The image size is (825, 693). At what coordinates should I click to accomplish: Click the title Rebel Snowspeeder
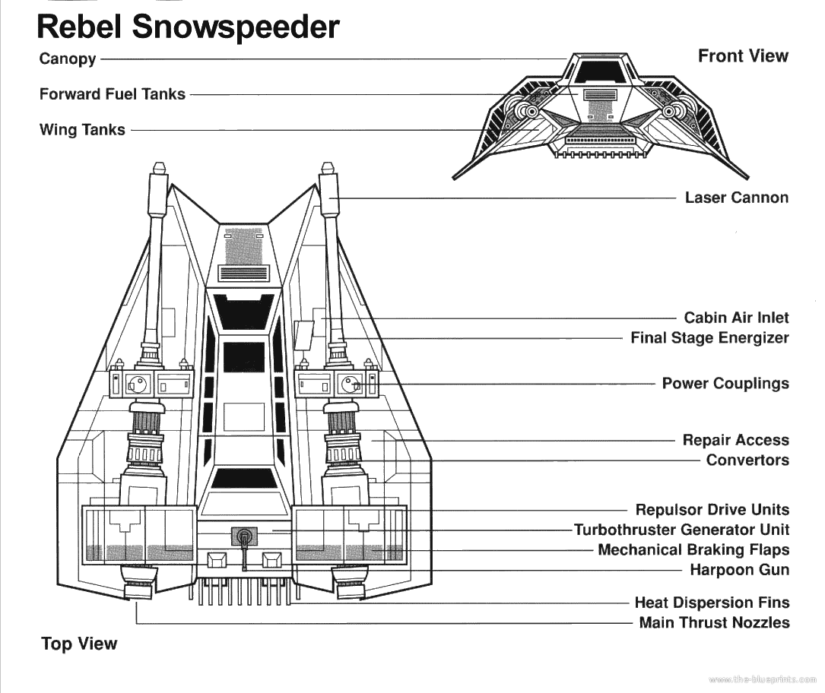(x=188, y=27)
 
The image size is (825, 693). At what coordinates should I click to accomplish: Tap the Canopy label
(x=68, y=59)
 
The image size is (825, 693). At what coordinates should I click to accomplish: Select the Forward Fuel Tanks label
(x=112, y=94)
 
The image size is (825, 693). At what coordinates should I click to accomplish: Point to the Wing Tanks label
(x=82, y=130)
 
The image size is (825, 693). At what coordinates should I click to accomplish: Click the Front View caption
(x=743, y=55)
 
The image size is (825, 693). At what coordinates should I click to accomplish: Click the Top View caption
(x=79, y=644)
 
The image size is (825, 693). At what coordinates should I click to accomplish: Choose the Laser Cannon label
(x=736, y=198)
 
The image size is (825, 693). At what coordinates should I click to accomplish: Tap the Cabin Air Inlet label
(x=736, y=318)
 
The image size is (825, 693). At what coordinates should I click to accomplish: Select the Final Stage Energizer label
(x=709, y=337)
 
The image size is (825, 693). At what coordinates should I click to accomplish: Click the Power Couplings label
(x=725, y=383)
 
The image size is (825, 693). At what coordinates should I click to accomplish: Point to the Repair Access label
(x=735, y=440)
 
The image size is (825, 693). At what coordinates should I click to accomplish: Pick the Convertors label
(x=747, y=460)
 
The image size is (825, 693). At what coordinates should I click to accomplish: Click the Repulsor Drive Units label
(x=712, y=510)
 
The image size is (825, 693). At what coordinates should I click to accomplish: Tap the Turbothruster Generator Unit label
(x=681, y=530)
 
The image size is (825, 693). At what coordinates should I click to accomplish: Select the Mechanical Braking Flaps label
(x=693, y=549)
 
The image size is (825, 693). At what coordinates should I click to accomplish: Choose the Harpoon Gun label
(x=739, y=570)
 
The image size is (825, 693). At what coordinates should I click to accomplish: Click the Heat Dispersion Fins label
(x=712, y=603)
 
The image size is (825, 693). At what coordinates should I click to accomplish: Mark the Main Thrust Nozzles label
(x=714, y=623)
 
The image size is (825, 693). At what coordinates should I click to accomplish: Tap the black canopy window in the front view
(x=599, y=71)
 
